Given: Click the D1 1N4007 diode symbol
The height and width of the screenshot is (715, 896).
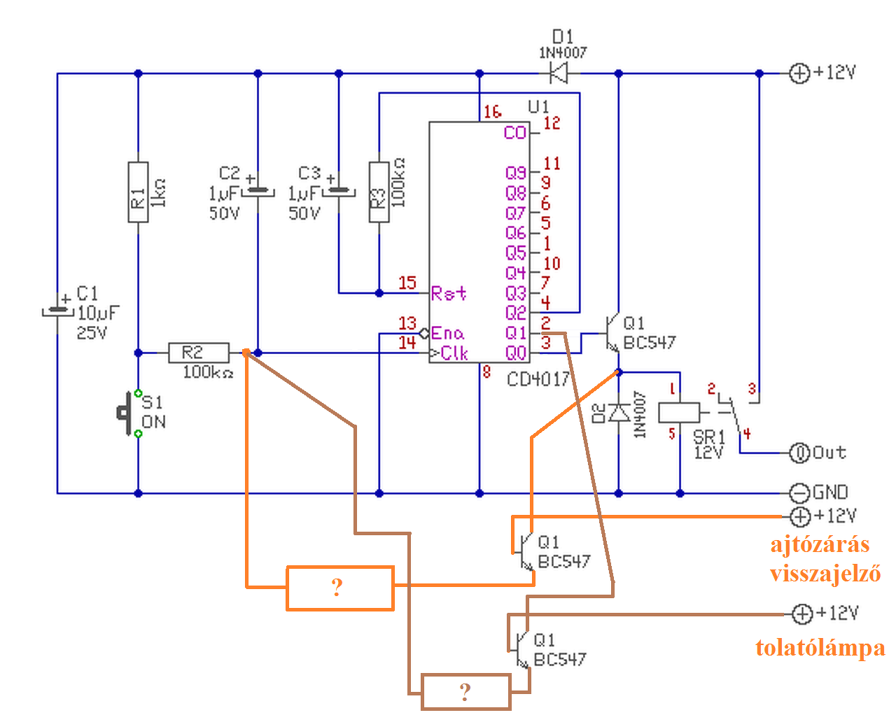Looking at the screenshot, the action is point(559,73).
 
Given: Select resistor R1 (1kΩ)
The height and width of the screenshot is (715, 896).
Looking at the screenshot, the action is point(138,192).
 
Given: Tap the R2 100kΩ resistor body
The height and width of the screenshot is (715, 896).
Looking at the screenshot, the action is point(199,353).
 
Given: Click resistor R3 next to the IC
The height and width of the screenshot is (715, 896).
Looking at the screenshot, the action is point(379,192).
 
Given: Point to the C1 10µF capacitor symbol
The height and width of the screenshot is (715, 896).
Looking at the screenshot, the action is point(57,310).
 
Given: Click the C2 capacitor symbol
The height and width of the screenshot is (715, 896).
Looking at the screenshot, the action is point(258,191).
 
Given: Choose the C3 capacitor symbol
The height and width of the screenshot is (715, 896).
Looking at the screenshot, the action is point(339,191).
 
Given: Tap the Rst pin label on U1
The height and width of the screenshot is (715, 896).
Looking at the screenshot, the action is point(449,293).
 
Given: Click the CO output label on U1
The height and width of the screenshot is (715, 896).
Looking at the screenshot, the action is point(515,133).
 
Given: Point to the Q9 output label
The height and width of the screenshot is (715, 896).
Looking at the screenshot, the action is point(516,172).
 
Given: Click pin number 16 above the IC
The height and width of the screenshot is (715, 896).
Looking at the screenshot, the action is point(493,111).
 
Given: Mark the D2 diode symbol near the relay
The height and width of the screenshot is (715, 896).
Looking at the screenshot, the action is point(619,413).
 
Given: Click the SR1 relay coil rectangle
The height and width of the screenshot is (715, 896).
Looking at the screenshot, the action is point(679,413).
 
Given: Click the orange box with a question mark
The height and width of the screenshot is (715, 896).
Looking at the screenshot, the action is point(339,588).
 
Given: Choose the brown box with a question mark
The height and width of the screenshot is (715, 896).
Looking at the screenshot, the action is point(466,692).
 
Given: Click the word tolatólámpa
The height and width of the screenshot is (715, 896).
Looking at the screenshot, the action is point(820,648).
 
